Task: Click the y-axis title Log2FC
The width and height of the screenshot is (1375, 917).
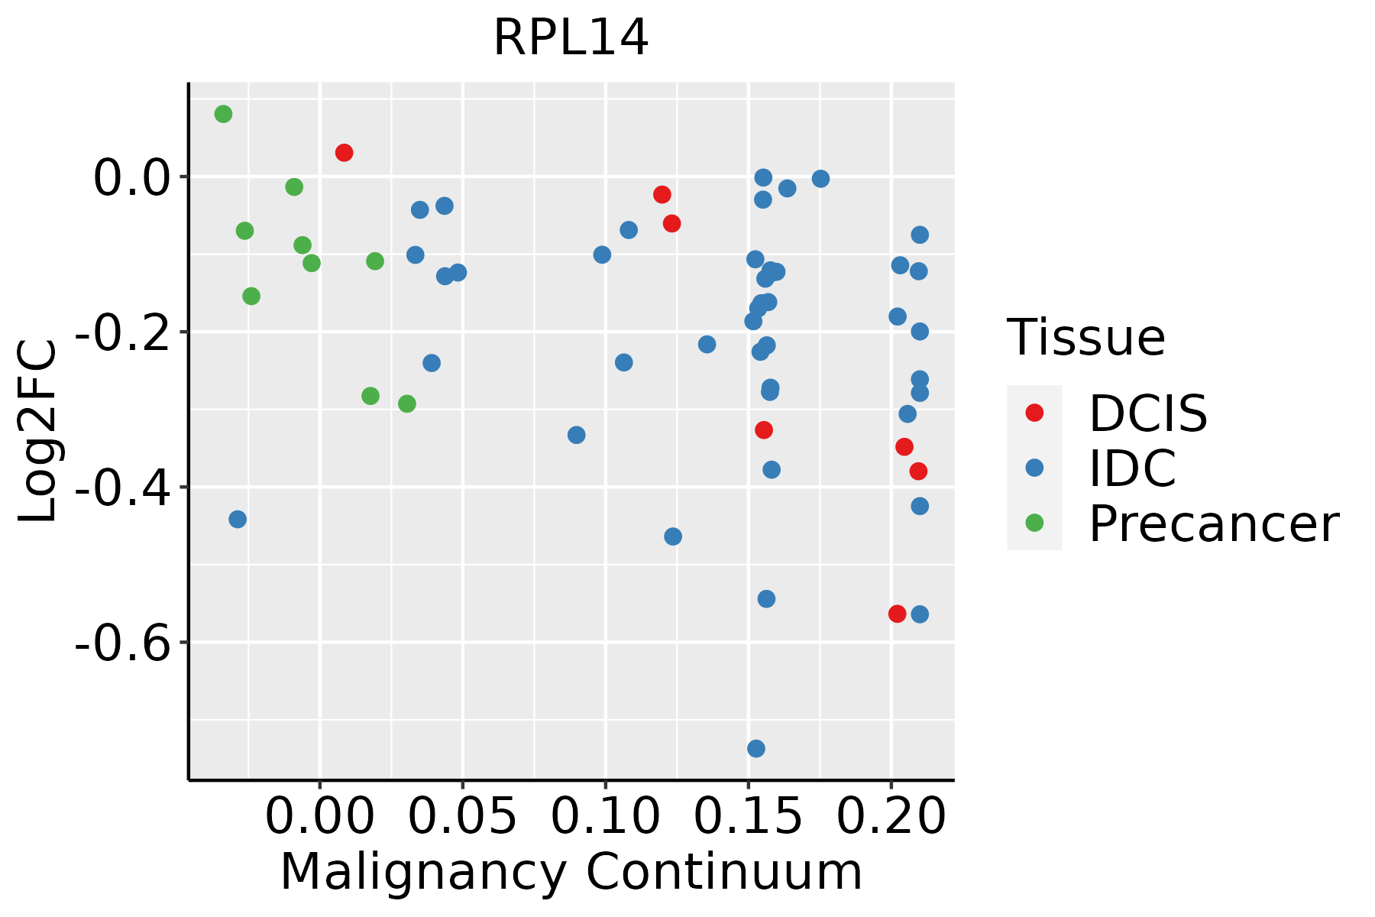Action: tap(38, 431)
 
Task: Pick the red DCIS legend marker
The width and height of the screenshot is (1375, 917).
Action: tap(1034, 413)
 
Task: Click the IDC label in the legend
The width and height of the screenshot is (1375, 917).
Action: tap(1132, 468)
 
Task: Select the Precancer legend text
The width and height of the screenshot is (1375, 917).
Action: tap(1213, 524)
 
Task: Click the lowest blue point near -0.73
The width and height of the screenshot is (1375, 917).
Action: tap(756, 748)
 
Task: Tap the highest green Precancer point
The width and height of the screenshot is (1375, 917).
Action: tap(223, 115)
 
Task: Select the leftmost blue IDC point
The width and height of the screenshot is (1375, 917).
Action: tap(238, 520)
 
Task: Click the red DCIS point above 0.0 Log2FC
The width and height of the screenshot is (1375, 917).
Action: tap(344, 153)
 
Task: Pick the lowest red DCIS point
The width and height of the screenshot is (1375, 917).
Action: tap(898, 614)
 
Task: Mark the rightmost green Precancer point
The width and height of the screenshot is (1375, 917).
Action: tap(407, 403)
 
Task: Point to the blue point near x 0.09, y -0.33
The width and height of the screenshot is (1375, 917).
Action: tap(577, 435)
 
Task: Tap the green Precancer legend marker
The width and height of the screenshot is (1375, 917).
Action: tap(1034, 523)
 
